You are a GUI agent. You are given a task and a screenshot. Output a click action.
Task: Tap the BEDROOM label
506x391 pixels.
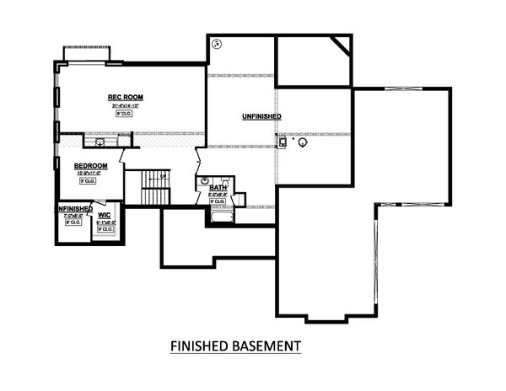[x=90, y=165]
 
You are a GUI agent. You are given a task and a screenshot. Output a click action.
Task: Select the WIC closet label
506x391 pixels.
[x=105, y=215]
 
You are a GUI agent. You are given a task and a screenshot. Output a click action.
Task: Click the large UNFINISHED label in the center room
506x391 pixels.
[x=261, y=116]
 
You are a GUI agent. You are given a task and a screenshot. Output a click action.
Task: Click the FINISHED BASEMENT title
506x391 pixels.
[x=235, y=345]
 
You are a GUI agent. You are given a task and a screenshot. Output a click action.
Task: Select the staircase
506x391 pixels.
[x=155, y=187]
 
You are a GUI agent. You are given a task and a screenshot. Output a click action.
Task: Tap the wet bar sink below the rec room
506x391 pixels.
[x=100, y=142]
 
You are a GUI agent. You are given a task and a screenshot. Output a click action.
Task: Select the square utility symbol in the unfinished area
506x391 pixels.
[x=284, y=142]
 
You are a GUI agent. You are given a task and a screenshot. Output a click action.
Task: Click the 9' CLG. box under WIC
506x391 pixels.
[x=105, y=228]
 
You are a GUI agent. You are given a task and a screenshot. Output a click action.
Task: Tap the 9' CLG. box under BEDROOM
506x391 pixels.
[x=86, y=181]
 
